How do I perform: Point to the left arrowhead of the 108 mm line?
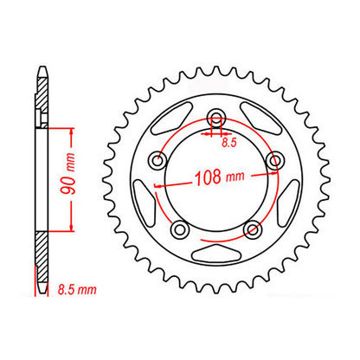pyautogui.click(x=157, y=184)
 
